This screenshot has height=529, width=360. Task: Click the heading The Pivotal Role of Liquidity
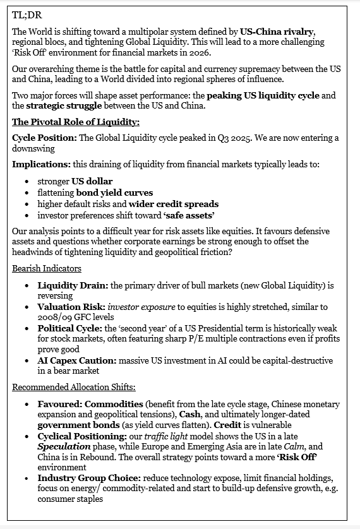(76, 122)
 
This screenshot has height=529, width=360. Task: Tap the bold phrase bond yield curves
(114, 193)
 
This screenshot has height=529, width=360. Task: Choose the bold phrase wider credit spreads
(174, 203)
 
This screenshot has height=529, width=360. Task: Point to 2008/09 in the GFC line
(56, 317)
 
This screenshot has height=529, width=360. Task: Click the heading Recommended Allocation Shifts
(73, 387)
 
